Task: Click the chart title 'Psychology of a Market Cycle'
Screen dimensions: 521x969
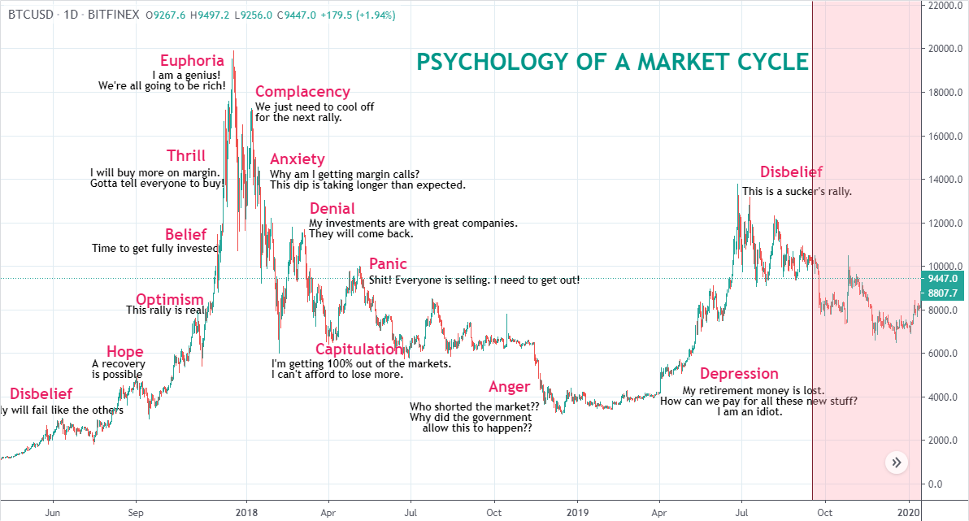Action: [x=612, y=63]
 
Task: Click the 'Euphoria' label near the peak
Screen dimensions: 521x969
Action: [x=192, y=60]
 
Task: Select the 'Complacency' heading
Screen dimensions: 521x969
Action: [x=302, y=92]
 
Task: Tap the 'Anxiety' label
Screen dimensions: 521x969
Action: [x=297, y=159]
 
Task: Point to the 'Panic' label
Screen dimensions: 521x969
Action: [x=388, y=264]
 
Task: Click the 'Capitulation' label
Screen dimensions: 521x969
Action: [x=358, y=350]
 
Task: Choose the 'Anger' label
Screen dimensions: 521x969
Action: [x=509, y=387]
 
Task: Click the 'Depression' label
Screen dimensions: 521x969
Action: [x=739, y=374]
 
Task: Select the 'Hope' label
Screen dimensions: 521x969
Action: [x=125, y=351]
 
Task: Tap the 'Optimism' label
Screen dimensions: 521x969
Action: [x=169, y=299]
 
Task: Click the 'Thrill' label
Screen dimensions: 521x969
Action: [x=186, y=156]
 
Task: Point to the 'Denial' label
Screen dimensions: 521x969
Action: [x=332, y=209]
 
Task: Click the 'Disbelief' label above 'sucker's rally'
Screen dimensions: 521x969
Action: [x=791, y=172]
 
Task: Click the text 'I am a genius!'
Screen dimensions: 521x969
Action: [x=186, y=75]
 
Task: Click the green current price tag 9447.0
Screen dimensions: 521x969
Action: [x=942, y=278]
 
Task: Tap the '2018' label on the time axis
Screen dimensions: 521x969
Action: [x=246, y=513]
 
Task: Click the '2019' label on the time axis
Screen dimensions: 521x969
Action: [x=576, y=513]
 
